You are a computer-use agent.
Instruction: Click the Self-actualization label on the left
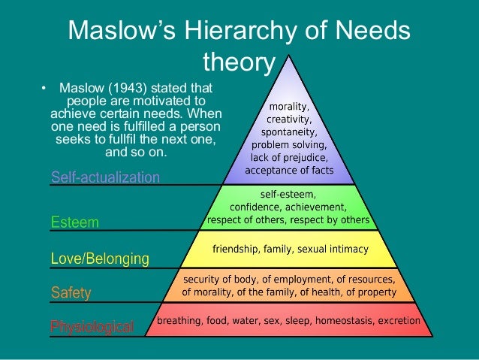coord(105,177)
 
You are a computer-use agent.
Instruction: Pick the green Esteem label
coord(74,222)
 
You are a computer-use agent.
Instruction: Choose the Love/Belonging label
coord(100,259)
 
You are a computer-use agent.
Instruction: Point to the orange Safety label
coord(70,293)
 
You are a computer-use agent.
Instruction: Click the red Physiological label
coord(92,327)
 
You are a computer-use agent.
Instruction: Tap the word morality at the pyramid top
coord(289,107)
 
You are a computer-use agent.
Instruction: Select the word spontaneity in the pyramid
coord(289,132)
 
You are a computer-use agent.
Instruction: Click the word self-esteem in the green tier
coord(289,195)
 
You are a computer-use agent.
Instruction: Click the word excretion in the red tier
coord(399,320)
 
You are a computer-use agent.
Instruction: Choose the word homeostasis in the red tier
coord(342,320)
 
